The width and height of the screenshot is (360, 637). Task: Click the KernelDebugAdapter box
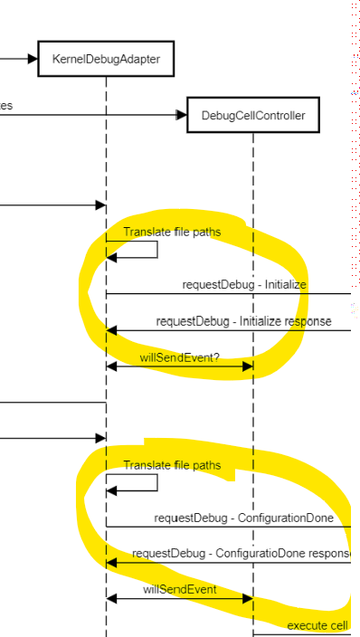(106, 59)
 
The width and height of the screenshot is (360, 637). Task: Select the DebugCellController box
(253, 115)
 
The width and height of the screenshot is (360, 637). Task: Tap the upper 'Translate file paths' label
(172, 232)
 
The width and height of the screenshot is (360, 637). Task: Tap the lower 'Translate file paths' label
(172, 465)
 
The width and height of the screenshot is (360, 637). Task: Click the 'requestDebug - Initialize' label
(244, 284)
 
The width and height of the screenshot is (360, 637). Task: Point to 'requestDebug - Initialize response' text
(243, 320)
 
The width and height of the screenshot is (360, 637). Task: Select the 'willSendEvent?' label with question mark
(180, 357)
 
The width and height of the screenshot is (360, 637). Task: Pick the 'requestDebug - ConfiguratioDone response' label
(242, 553)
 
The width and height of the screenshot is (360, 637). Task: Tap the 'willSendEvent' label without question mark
(179, 589)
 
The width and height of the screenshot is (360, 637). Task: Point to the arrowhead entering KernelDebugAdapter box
(33, 59)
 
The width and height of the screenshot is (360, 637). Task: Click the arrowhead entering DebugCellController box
(181, 115)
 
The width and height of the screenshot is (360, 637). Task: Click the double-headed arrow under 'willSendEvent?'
(179, 366)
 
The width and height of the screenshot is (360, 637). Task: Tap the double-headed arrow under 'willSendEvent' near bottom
(179, 599)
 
